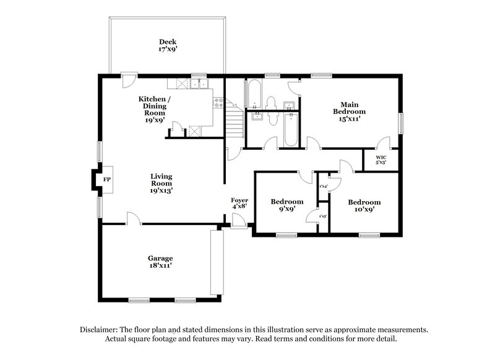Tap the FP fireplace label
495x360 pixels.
tap(106, 179)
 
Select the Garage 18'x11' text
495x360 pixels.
tap(160, 262)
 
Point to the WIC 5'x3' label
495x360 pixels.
tap(380, 160)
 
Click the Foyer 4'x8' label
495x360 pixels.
tap(239, 204)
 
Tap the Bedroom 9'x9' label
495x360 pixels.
tap(287, 205)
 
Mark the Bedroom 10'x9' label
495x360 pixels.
tap(364, 205)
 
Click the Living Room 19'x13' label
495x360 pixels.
tap(161, 184)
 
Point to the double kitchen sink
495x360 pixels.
tap(199, 84)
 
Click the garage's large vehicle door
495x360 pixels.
tap(215, 262)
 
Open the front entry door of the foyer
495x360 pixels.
tap(236, 221)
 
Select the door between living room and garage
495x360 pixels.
tap(132, 218)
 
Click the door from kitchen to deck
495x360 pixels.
tap(128, 80)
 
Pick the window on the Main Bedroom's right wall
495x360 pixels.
tap(400, 122)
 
